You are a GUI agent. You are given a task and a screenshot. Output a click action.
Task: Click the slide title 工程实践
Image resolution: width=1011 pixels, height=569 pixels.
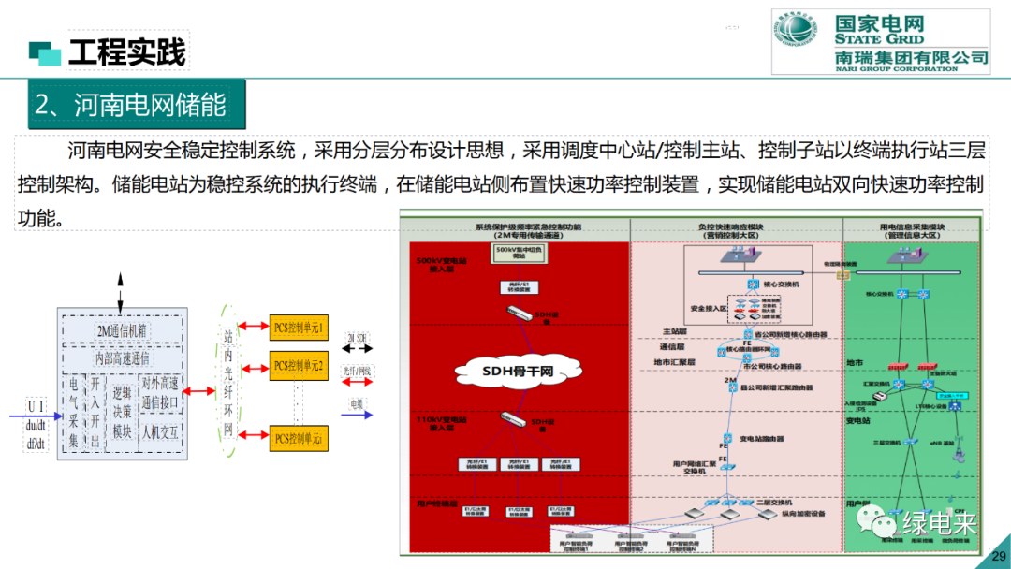click(x=127, y=52)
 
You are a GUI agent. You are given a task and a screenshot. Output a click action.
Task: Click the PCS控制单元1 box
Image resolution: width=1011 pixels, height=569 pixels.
click(x=299, y=328)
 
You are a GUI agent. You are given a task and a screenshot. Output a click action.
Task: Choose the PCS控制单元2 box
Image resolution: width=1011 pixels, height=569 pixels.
click(x=299, y=365)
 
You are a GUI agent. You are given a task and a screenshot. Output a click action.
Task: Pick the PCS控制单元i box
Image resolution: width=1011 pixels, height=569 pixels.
click(x=299, y=438)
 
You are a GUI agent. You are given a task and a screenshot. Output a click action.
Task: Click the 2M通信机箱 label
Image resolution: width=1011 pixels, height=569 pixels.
click(x=123, y=330)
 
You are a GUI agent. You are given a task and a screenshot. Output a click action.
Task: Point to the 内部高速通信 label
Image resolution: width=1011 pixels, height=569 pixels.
click(x=123, y=357)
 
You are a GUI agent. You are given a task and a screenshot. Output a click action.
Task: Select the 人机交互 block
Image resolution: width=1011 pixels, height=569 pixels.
click(x=161, y=432)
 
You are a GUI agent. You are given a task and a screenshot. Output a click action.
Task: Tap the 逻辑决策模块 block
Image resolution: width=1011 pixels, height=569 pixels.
click(x=122, y=412)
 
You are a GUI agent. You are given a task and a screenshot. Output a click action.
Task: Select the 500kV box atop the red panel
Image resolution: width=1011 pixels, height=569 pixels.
click(x=518, y=254)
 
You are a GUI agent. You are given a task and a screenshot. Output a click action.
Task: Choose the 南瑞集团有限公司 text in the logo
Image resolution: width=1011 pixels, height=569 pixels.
click(x=912, y=57)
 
